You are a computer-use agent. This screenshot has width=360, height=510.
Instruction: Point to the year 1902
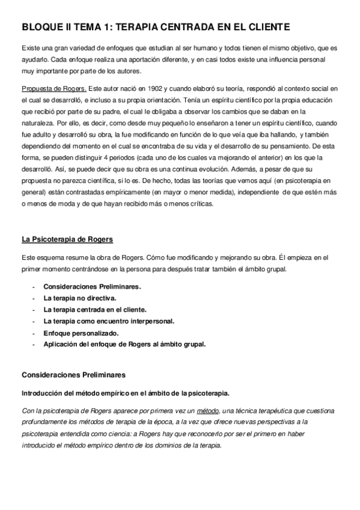tap(150, 88)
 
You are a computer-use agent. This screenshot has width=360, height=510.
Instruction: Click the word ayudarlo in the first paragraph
tap(35, 60)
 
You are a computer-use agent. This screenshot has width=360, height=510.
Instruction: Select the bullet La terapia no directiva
tap(80, 298)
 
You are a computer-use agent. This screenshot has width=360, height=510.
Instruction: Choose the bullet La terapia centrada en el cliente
tap(95, 309)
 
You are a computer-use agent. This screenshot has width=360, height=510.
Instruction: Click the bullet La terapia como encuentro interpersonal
tap(109, 321)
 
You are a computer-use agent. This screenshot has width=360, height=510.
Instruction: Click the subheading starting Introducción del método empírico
tap(125, 393)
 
